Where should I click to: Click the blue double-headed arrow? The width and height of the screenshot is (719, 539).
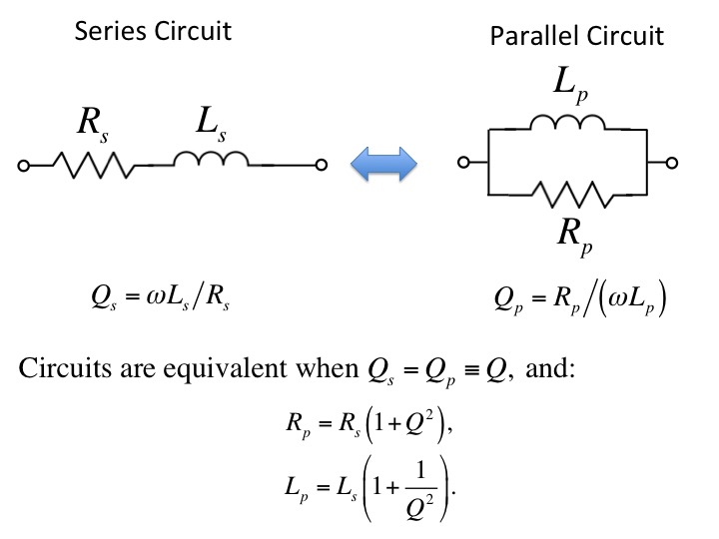click(383, 164)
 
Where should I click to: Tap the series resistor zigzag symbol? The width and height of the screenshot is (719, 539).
click(94, 165)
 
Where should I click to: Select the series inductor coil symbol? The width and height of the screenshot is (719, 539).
click(211, 159)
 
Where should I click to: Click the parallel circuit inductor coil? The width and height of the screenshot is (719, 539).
click(567, 123)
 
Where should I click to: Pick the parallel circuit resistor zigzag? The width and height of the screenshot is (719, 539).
click(573, 195)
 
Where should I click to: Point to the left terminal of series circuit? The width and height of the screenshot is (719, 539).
click(23, 165)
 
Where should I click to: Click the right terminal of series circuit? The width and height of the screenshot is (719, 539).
click(322, 165)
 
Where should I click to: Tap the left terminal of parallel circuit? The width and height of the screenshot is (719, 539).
click(463, 163)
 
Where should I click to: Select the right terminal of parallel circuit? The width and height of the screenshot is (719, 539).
click(672, 163)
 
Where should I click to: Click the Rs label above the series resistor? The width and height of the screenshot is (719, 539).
click(93, 125)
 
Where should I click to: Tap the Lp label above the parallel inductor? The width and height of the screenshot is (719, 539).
click(571, 85)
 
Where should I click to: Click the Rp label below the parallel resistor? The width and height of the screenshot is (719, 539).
click(575, 238)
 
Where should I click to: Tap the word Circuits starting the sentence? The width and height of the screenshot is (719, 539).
click(65, 367)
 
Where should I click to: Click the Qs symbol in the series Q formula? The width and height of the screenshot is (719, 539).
click(104, 297)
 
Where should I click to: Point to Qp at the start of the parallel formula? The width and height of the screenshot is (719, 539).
click(508, 300)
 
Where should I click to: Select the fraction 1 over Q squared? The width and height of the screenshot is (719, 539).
click(420, 488)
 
